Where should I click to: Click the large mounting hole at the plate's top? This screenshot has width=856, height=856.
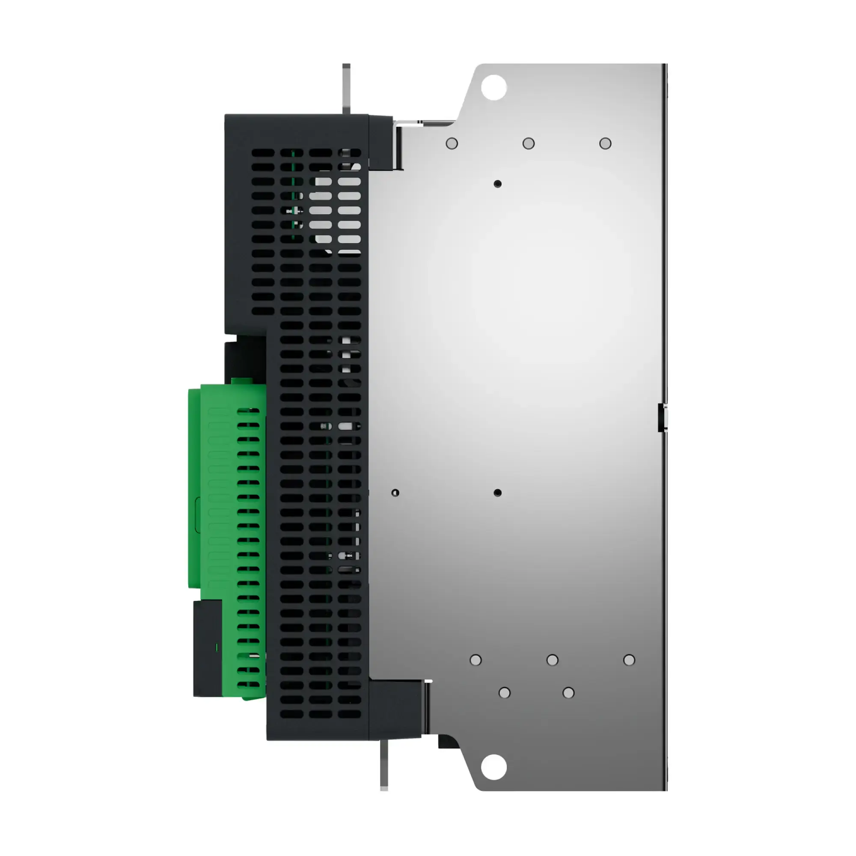(493, 87)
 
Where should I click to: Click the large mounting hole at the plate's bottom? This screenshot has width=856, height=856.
(493, 767)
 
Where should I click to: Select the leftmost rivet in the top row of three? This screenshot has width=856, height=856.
(452, 143)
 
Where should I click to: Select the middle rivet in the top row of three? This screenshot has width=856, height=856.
(528, 143)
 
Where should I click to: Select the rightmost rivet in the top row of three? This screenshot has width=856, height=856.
(605, 143)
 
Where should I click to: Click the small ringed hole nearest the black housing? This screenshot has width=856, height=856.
(395, 493)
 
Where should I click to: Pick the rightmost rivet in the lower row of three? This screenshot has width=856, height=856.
(629, 660)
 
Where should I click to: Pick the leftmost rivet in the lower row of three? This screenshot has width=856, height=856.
(476, 660)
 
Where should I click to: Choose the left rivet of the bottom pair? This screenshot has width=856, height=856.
(504, 693)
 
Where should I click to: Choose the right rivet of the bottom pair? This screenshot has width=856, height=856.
(568, 693)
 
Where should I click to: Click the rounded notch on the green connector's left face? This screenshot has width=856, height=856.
(198, 514)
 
